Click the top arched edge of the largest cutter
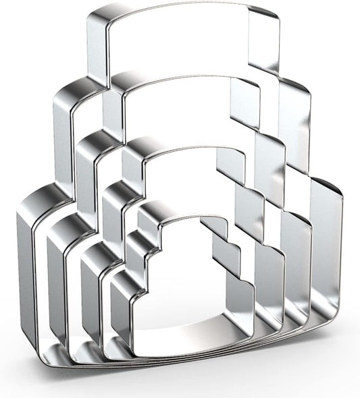click(182, 9)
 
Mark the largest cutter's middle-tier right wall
click(294, 135)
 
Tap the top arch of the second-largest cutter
click(182, 80)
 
